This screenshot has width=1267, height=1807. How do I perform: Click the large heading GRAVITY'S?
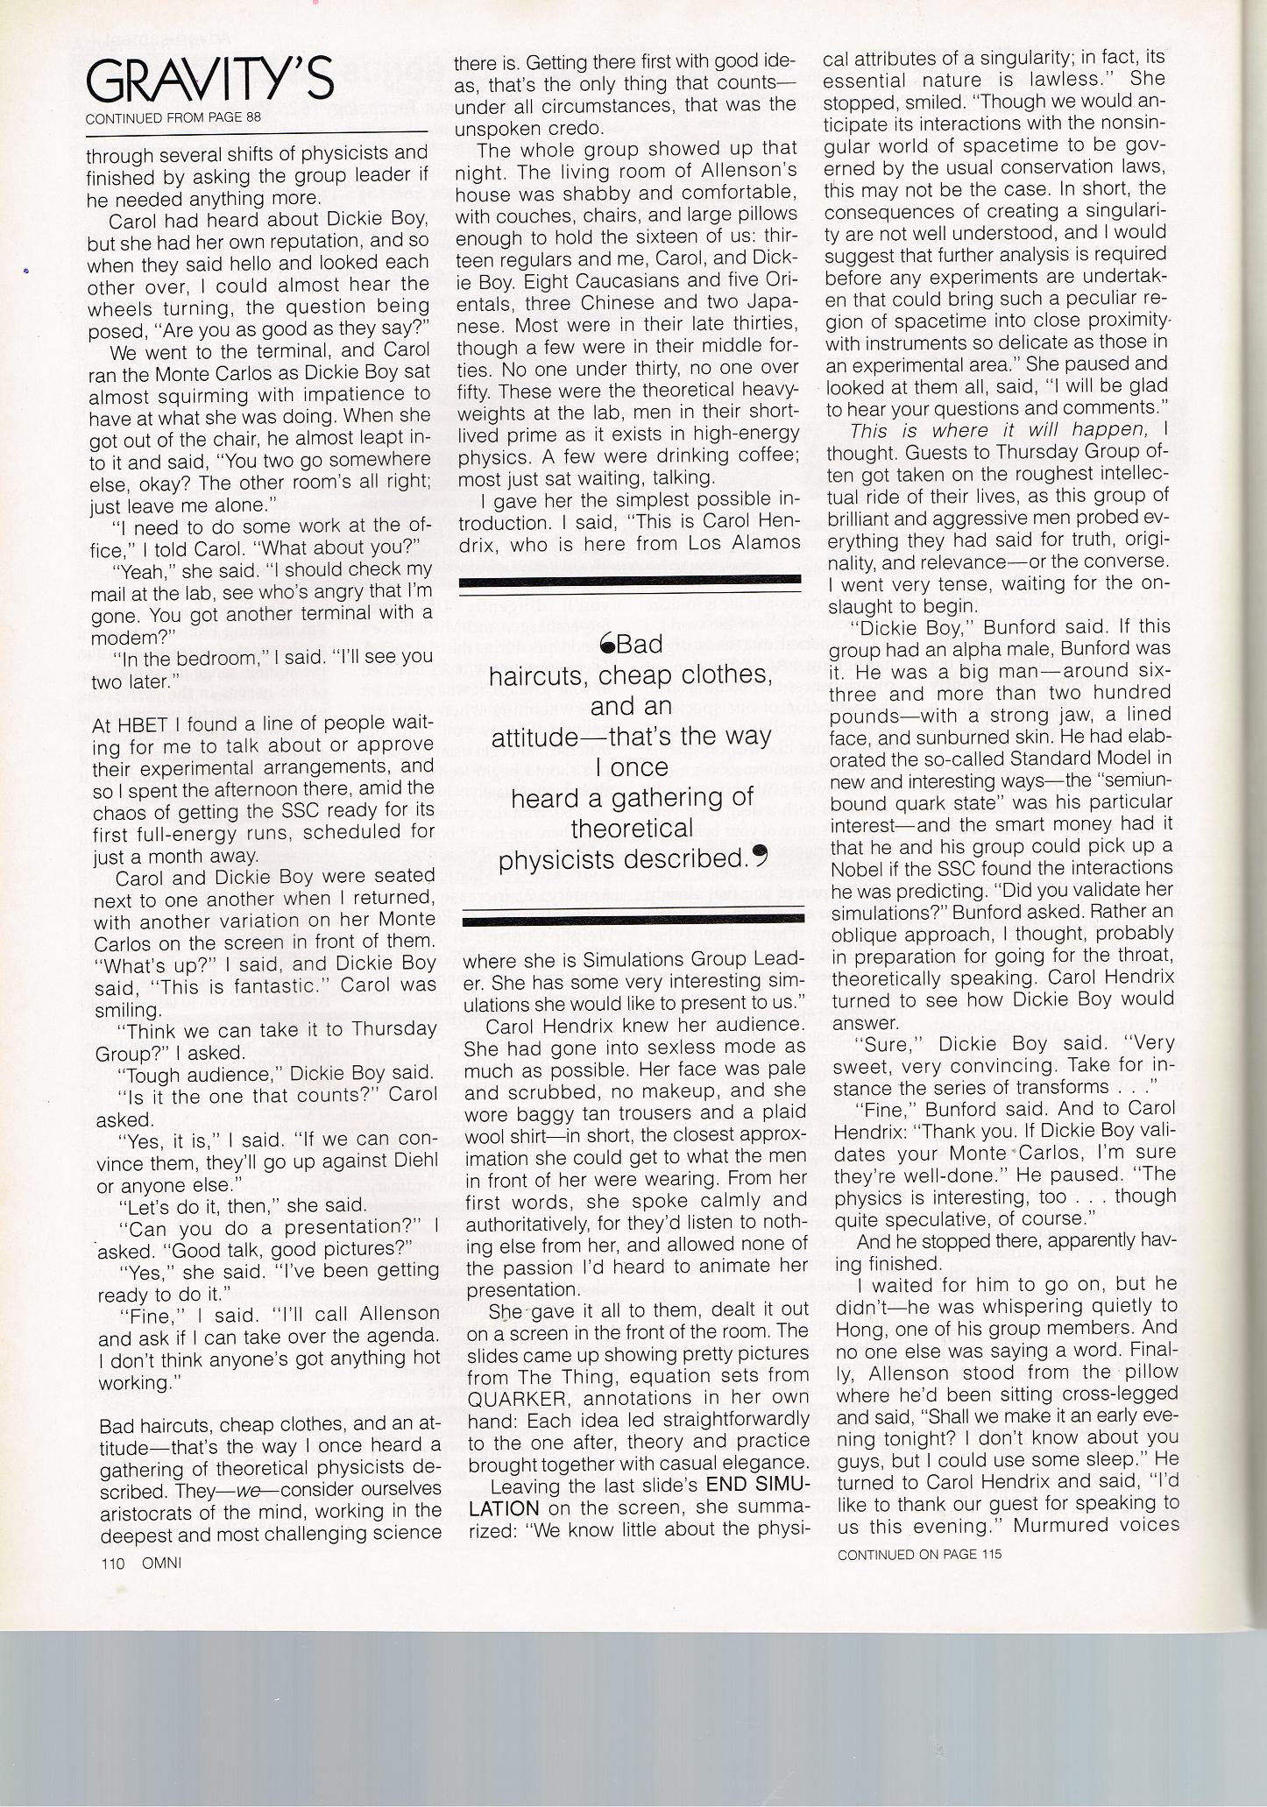(209, 83)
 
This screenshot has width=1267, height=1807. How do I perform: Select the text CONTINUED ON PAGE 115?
(918, 1554)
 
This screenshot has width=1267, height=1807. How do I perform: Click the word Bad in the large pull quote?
(638, 646)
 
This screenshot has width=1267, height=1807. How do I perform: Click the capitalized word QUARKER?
(516, 1397)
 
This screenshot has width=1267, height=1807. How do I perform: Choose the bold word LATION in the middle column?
(503, 1508)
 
